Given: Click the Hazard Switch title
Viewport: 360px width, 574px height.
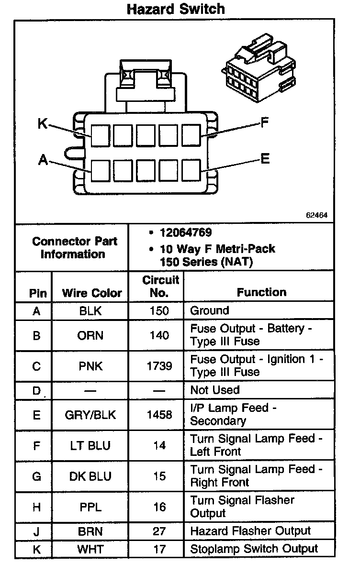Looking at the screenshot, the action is [176, 9].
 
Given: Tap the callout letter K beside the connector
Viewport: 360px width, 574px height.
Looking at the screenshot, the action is [43, 123].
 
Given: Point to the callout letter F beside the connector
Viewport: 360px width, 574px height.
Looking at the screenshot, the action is [264, 123].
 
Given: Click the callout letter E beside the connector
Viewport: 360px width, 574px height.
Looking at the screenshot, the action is [265, 158].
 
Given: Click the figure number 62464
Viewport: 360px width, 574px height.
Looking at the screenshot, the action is [316, 215].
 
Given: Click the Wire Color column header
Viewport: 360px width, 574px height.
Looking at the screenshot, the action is [92, 293].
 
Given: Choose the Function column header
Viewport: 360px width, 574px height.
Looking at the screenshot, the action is [261, 292].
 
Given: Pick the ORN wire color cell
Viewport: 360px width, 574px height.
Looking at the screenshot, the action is [90, 335].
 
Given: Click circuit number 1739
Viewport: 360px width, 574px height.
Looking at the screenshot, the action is [159, 366].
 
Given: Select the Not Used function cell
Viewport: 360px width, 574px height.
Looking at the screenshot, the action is [214, 390].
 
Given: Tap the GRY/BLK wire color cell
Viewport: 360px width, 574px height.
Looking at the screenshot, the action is [90, 415].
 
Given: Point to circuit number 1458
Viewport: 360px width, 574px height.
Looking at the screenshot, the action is [159, 415].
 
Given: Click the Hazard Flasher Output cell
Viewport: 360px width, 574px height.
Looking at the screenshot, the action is [250, 531].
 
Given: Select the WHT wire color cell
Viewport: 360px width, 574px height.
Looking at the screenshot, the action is [90, 549].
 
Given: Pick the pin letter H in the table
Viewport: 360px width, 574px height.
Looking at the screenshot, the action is [36, 507].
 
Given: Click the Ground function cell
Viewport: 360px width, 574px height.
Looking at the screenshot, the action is [210, 310].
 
